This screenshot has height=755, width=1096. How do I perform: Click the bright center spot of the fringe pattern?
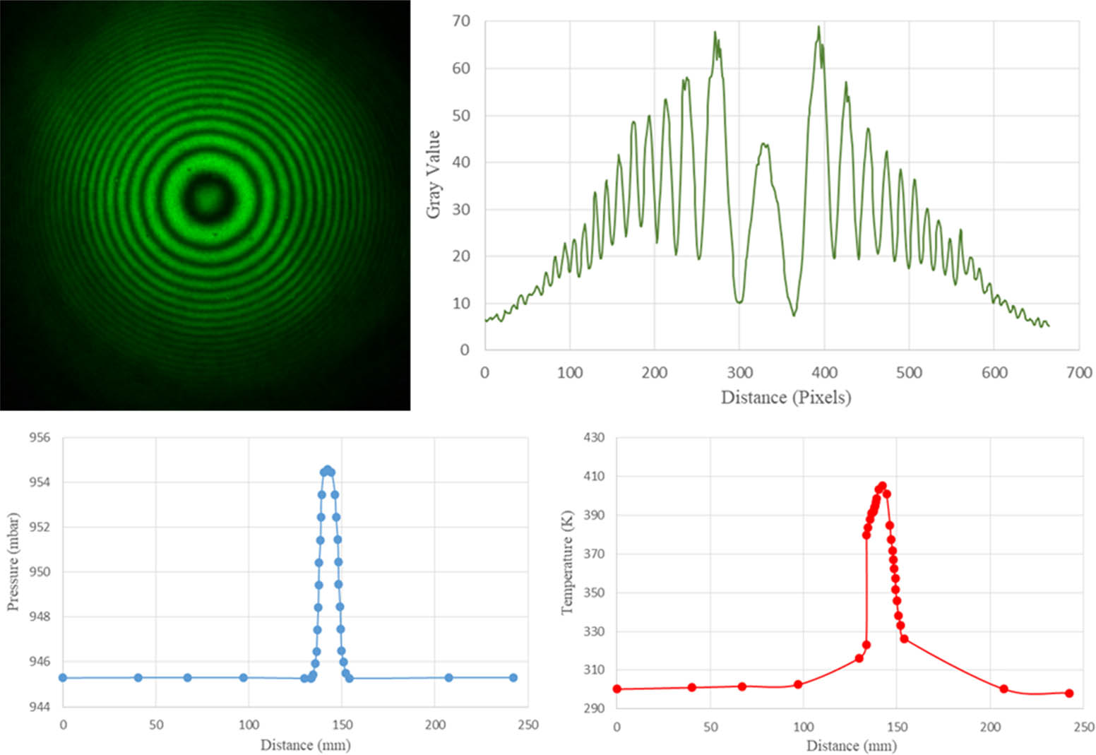tap(206, 197)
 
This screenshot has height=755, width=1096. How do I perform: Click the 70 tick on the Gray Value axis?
tap(460, 21)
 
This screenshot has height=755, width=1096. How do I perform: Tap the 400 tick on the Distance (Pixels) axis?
tap(824, 372)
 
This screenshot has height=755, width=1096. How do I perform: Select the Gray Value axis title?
tap(433, 174)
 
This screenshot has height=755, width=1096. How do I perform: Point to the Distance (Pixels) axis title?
tap(785, 397)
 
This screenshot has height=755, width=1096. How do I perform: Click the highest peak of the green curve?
tap(818, 28)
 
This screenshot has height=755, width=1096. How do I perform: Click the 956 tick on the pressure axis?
tap(40, 438)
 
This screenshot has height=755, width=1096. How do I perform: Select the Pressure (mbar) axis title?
tap(13, 562)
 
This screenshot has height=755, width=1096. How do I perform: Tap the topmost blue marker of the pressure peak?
tap(327, 470)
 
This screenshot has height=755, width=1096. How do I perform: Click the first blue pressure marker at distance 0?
tap(63, 677)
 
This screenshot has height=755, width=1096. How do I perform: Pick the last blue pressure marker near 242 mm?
tap(513, 677)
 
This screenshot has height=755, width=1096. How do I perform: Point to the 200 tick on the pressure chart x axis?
tap(435, 725)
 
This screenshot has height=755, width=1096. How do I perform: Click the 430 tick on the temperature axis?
tap(593, 438)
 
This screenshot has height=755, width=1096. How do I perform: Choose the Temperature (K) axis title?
tap(567, 562)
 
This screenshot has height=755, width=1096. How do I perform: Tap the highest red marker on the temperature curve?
tap(882, 486)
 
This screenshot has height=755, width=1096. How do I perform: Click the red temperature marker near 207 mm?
tap(1003, 689)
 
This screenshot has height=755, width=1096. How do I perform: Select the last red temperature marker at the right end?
tap(1069, 693)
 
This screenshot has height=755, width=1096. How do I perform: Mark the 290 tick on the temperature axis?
tap(593, 708)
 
